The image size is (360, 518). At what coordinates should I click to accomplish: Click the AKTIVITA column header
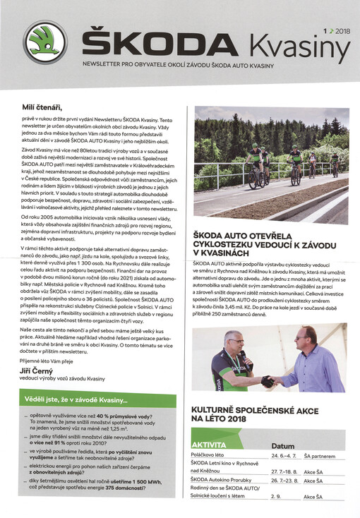click(x=209, y=446)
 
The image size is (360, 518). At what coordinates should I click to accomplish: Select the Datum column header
click(x=282, y=446)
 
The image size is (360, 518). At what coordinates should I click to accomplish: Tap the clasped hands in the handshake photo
click(x=268, y=381)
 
